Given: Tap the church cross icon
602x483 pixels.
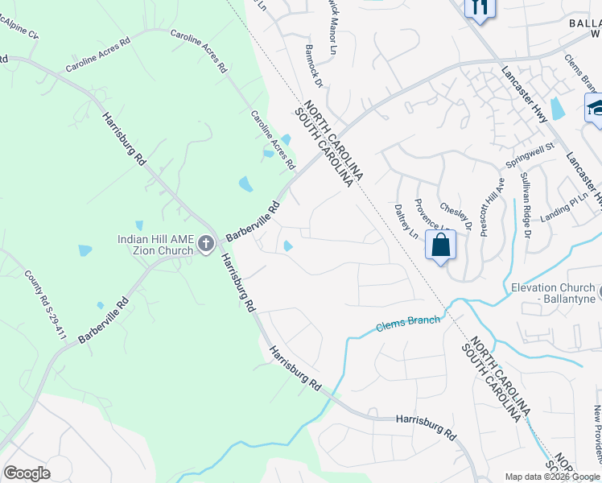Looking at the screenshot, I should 206,243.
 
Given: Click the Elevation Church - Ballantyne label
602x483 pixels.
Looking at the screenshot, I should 556,293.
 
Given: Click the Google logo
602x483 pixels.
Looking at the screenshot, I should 27,473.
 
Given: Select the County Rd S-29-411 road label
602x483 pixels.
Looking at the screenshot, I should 44,304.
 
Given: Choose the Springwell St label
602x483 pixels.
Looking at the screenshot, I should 530,155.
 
